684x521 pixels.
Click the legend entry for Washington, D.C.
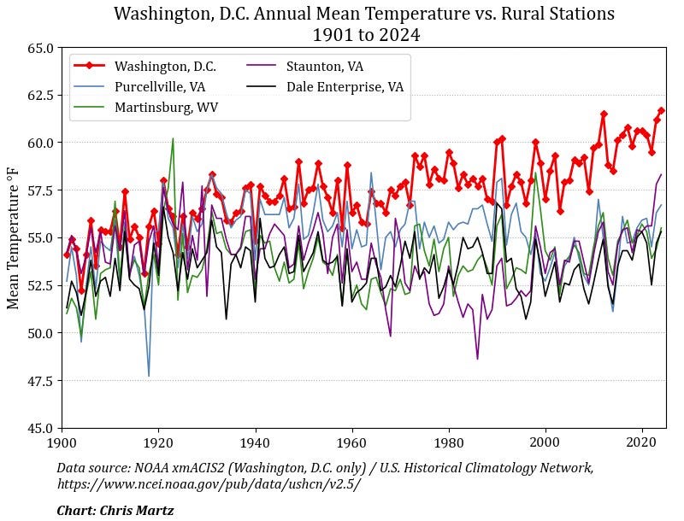pos(165,66)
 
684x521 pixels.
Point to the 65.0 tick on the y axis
pos(39,48)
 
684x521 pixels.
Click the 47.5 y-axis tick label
pos(39,380)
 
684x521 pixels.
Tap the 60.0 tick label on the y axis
pos(39,143)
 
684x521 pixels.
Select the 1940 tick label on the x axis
pos(254,442)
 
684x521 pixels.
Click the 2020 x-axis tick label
pos(641,442)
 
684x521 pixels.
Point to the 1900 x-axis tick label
pos(61,442)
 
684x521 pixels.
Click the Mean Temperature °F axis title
pos(14,237)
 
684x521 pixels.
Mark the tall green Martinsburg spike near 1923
pos(173,139)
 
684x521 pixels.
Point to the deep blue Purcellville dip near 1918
pos(149,375)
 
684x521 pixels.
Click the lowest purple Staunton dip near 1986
pos(478,358)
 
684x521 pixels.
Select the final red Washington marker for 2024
pos(661,110)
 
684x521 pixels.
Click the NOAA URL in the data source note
pos(209,483)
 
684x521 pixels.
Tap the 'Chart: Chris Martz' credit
pos(115,510)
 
